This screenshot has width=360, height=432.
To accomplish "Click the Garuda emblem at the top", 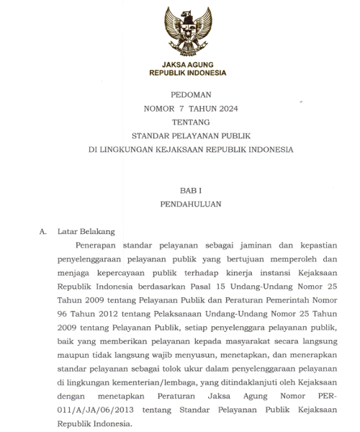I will pos(187,30).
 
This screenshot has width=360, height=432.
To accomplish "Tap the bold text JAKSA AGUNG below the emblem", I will pos(187,65).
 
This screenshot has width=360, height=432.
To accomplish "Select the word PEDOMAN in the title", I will pos(187,95).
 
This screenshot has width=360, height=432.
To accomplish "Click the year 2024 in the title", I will pos(223,109).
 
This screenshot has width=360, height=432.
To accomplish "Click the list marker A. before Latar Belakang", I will pos(43,231).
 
